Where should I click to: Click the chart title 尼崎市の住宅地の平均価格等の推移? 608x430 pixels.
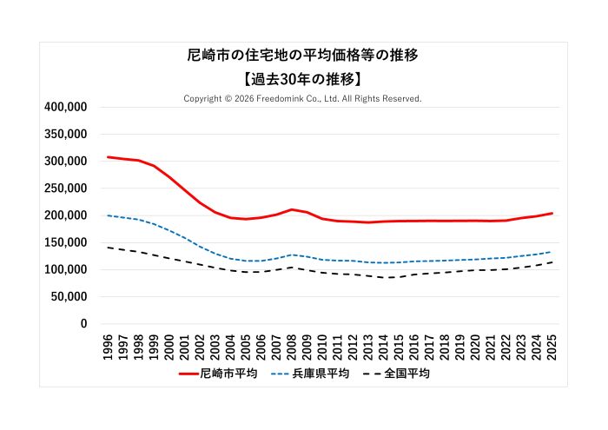tap(303, 56)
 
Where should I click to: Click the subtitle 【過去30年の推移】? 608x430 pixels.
tap(303, 79)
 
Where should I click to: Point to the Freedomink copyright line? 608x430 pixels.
tap(303, 99)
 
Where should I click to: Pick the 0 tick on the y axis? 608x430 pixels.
tap(83, 324)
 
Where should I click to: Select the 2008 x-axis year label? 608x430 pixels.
tap(292, 346)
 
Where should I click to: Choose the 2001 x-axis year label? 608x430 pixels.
tap(185, 346)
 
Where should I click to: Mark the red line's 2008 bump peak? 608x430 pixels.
tap(292, 209)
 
